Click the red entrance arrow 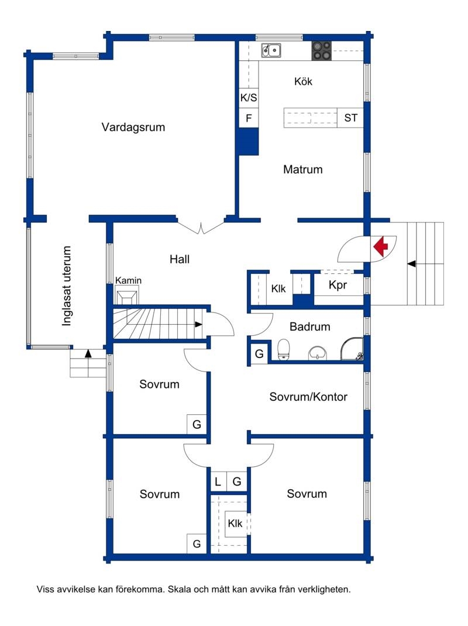pos(381,246)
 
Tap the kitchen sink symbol pos(271,51)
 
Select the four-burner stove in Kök pos(321,51)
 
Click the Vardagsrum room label pos(133,128)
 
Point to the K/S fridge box pos(249,98)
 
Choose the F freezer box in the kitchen pos(249,118)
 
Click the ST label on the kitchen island pos(350,118)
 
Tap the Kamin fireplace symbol pos(127,297)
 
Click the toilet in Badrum pos(284,350)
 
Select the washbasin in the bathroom pos(318,353)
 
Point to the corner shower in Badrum pos(352,349)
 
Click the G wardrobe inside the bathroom pos(259,353)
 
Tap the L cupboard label pos(218,482)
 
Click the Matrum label pos(302,169)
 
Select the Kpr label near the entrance pos(338,285)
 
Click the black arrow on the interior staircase pos(198,325)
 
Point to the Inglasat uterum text pos(66,286)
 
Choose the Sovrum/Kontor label pos(308,397)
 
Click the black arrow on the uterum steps pos(88,353)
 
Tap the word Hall pos(179,260)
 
